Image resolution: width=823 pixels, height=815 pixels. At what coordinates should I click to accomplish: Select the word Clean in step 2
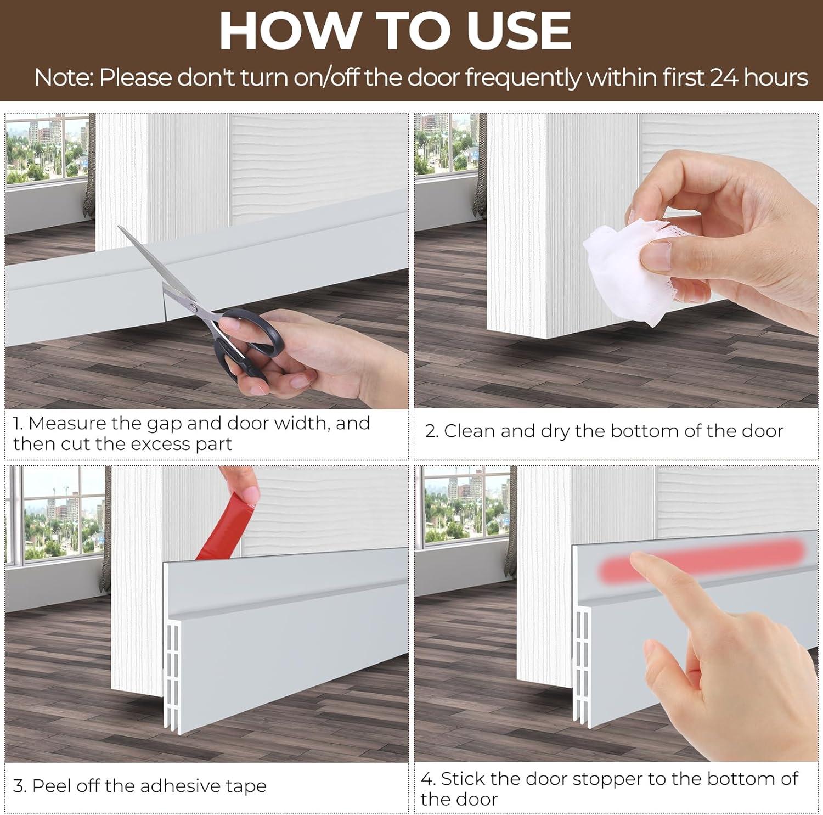pos(470,431)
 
